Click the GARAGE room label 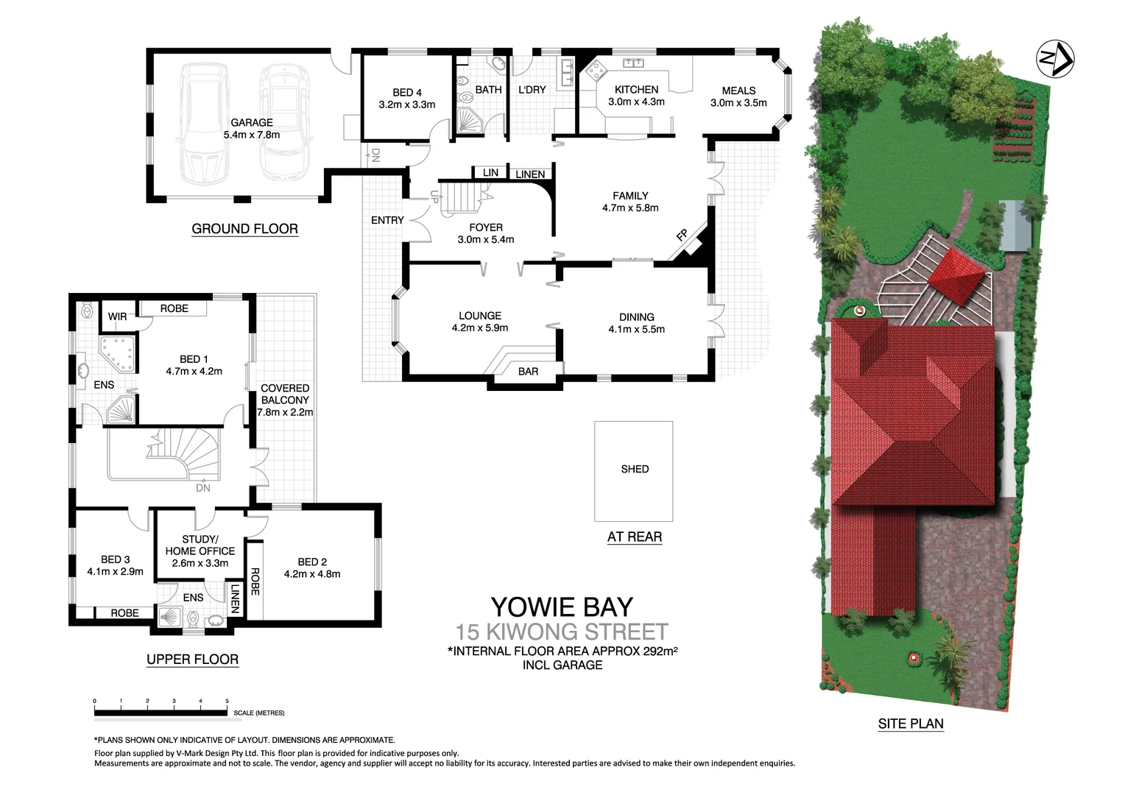pyautogui.click(x=252, y=122)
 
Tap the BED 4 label pyautogui.click(x=406, y=93)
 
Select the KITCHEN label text pyautogui.click(x=636, y=90)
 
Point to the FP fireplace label pyautogui.click(x=682, y=236)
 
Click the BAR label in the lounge pyautogui.click(x=528, y=372)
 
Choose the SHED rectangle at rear pyautogui.click(x=633, y=470)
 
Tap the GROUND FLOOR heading pyautogui.click(x=244, y=229)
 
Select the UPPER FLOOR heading pyautogui.click(x=192, y=660)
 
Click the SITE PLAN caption pyautogui.click(x=910, y=724)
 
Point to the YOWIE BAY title pyautogui.click(x=562, y=607)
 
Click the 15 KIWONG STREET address pyautogui.click(x=562, y=632)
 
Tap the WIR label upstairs pyautogui.click(x=117, y=317)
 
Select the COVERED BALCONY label pyautogui.click(x=285, y=394)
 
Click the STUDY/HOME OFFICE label pyautogui.click(x=200, y=545)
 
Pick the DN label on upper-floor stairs pyautogui.click(x=202, y=488)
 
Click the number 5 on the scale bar pyautogui.click(x=227, y=702)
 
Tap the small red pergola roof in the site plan pyautogui.click(x=956, y=277)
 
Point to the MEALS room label pyautogui.click(x=738, y=91)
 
